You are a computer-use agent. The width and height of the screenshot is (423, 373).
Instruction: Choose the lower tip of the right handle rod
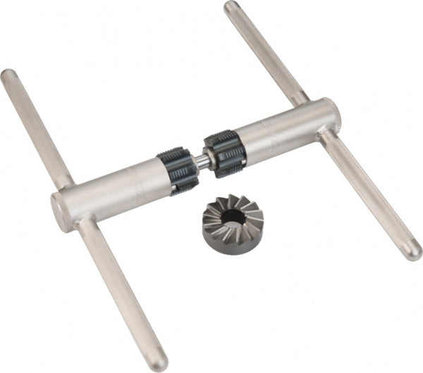[x=414, y=252]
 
